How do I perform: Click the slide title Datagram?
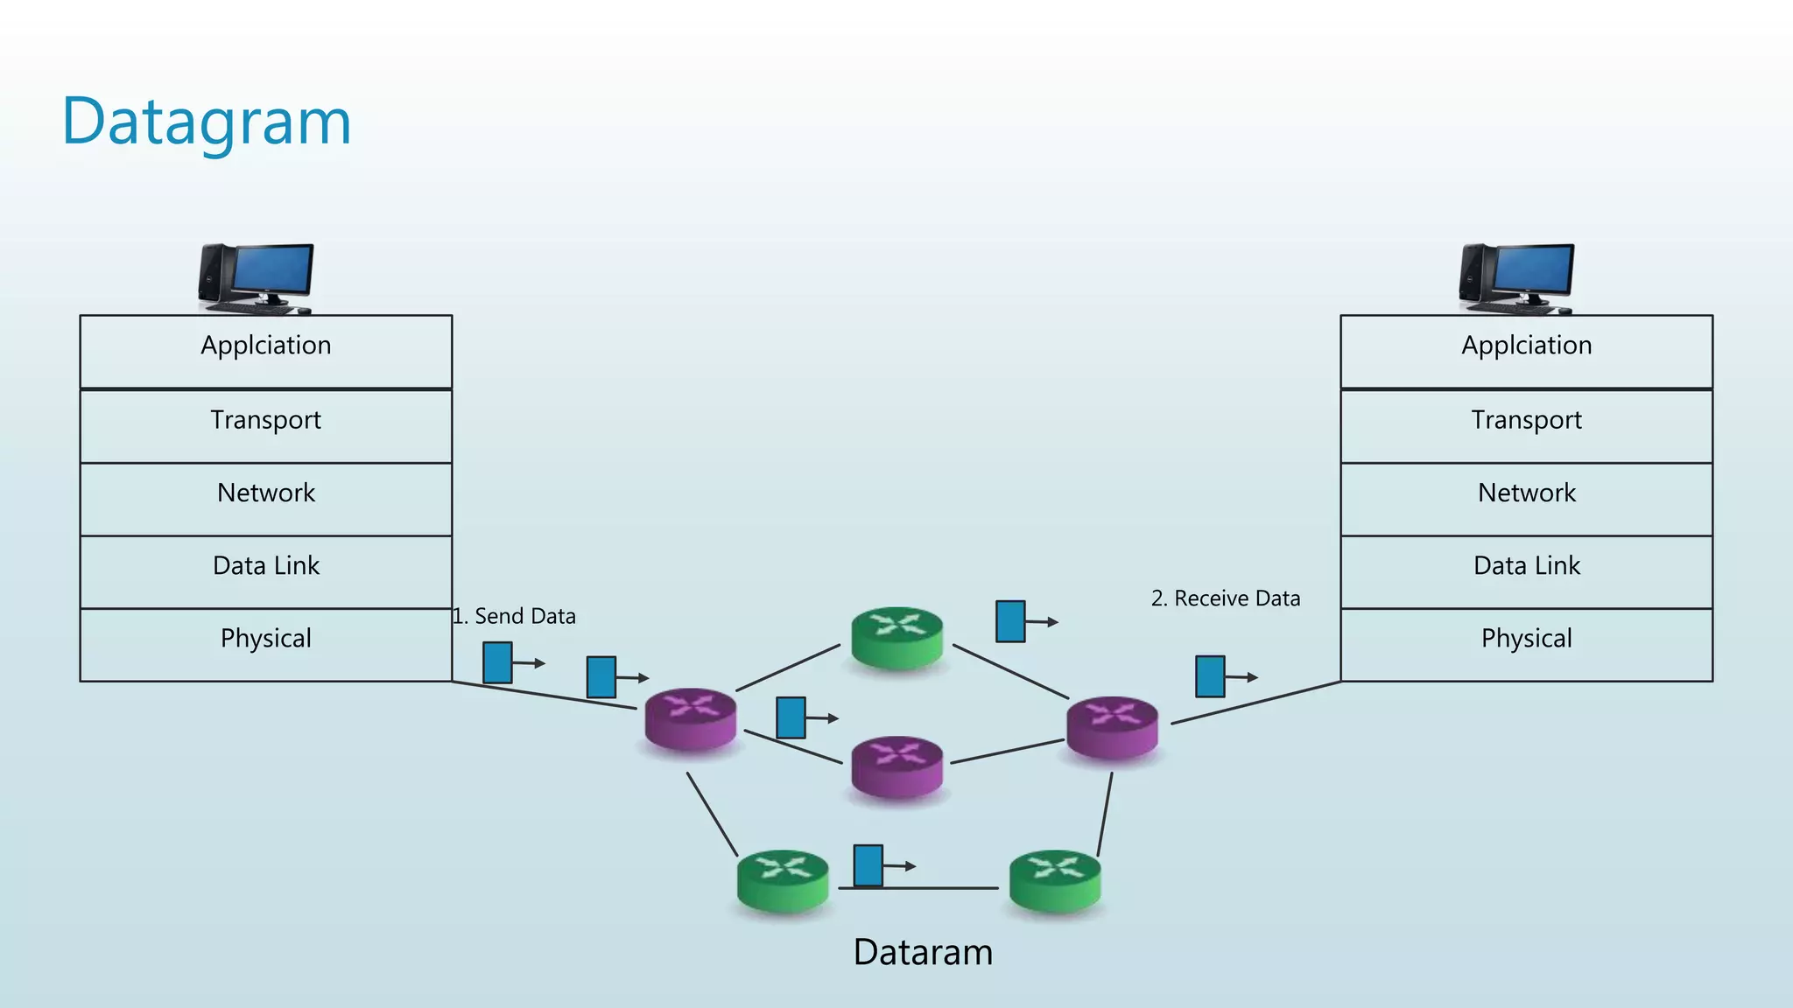pyautogui.click(x=207, y=122)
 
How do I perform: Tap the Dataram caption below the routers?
pyautogui.click(x=923, y=952)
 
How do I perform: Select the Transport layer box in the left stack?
pyautogui.click(x=265, y=425)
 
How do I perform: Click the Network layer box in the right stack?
pyautogui.click(x=1526, y=498)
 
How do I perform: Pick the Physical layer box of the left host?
pyautogui.click(x=265, y=644)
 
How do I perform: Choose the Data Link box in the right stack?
pyautogui.click(x=1526, y=570)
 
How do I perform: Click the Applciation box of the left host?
pyautogui.click(x=265, y=351)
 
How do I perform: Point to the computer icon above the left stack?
pyautogui.click(x=256, y=278)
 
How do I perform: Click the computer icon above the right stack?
pyautogui.click(x=1516, y=278)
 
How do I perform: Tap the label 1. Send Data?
pyautogui.click(x=515, y=616)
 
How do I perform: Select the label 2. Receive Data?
pyautogui.click(x=1226, y=598)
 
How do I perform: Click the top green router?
pyautogui.click(x=896, y=638)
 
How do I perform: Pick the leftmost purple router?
pyautogui.click(x=691, y=718)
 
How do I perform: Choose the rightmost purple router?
pyautogui.click(x=1112, y=727)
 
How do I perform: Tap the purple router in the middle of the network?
pyautogui.click(x=896, y=766)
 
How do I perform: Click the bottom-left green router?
pyautogui.click(x=783, y=881)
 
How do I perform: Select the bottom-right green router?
pyautogui.click(x=1055, y=881)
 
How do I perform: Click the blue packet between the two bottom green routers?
pyautogui.click(x=868, y=864)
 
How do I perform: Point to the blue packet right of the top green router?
pyautogui.click(x=1010, y=621)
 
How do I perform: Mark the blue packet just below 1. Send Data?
pyautogui.click(x=497, y=662)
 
